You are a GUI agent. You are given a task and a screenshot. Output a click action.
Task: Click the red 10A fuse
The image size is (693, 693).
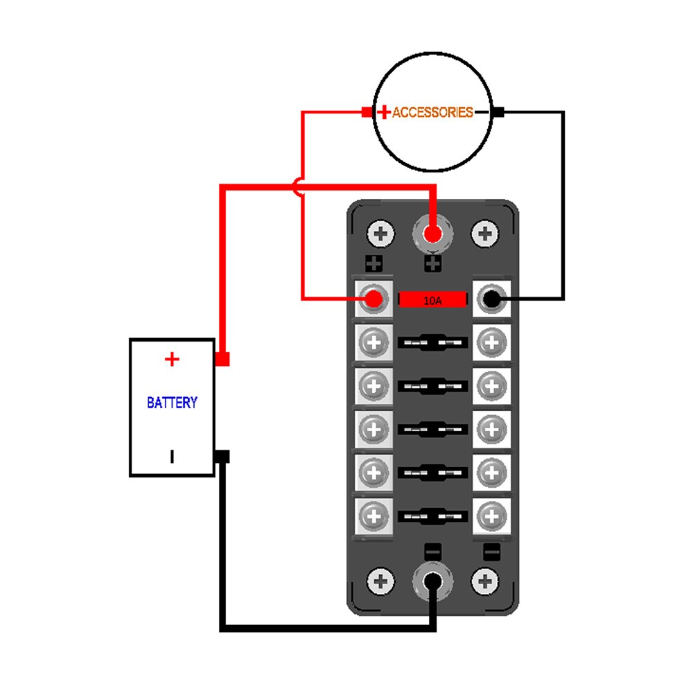432,300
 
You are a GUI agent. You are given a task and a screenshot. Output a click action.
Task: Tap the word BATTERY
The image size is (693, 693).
172,402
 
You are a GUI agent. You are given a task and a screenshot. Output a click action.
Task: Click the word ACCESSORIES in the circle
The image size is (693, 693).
432,112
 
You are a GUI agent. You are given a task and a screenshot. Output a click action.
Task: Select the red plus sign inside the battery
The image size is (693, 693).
172,359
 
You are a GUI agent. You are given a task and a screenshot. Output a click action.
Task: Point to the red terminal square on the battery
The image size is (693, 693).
222,360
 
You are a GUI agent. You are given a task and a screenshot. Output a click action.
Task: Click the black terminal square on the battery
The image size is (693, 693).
222,457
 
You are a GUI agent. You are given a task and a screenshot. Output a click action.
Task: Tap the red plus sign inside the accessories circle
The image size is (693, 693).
383,112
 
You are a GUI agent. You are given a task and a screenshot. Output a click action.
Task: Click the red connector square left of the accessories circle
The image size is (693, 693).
367,112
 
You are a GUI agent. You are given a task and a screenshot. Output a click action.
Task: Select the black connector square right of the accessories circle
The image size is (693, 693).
500,112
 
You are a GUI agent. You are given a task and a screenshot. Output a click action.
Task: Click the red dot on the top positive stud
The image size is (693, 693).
432,234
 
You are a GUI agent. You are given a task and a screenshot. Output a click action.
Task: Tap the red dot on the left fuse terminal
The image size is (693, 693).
374,299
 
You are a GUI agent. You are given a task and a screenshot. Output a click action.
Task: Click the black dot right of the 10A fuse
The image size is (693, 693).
491,299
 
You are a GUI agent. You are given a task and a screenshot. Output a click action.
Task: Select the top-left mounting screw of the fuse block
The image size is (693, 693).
380,234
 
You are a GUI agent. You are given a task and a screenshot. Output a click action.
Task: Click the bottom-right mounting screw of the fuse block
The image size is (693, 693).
485,581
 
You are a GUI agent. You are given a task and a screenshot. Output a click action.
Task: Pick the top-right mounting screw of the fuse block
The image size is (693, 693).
485,234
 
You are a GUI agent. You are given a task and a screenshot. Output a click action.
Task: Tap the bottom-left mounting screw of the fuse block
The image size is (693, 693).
380,581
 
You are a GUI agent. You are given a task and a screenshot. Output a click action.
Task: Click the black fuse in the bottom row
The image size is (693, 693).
432,516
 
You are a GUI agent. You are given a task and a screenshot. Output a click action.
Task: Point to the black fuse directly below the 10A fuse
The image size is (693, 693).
432,342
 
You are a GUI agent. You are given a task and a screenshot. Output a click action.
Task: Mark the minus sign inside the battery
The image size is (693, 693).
172,457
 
